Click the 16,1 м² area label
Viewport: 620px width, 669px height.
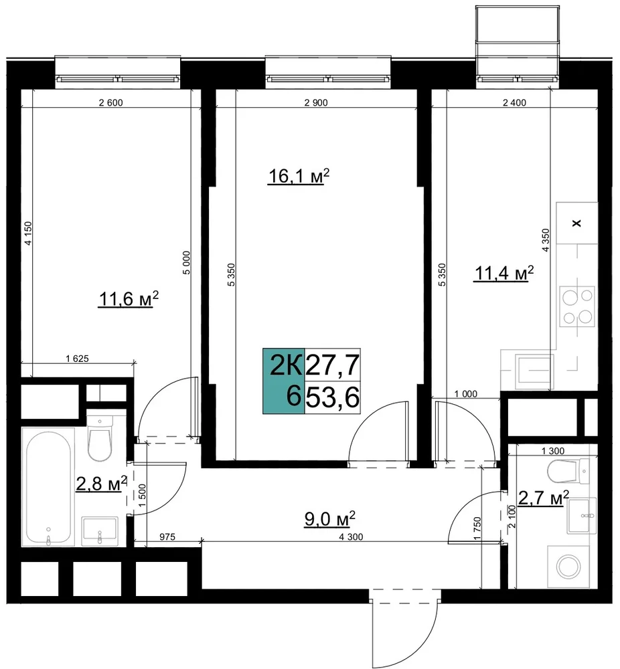[299, 176]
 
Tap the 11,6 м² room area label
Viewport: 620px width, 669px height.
[129, 298]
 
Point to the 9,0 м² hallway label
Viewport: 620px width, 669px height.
[329, 519]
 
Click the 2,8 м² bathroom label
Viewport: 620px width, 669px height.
[102, 484]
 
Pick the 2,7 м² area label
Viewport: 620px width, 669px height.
[544, 498]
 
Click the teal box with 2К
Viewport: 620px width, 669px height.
[283, 381]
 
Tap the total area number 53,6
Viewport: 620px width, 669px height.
[333, 397]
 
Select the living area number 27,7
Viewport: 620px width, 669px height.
[333, 365]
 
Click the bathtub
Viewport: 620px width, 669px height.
[48, 487]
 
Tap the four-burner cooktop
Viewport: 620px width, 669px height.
[577, 306]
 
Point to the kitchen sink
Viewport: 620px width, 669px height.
[534, 371]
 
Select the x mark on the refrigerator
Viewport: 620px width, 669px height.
[576, 223]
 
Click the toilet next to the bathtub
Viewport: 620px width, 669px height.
[100, 436]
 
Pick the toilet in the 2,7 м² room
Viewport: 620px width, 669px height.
[568, 472]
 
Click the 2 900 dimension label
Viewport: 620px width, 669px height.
[316, 102]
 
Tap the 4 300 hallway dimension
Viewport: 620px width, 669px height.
[351, 537]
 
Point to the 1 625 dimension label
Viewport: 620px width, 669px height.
[77, 359]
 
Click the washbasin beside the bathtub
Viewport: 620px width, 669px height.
[100, 531]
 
